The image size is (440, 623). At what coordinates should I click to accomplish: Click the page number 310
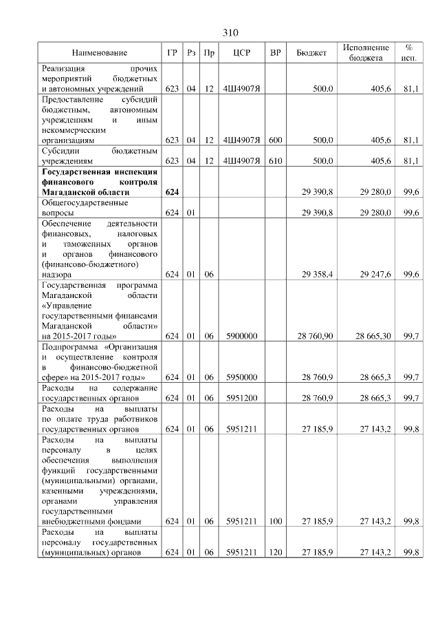(x=230, y=33)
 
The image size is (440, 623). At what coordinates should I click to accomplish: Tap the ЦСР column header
(x=240, y=53)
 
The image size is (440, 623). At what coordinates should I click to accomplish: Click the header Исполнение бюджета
(x=366, y=53)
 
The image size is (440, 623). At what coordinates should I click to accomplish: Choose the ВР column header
(x=276, y=53)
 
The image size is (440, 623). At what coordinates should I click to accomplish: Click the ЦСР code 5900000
(x=241, y=336)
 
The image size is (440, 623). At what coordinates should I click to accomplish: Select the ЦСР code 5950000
(x=241, y=377)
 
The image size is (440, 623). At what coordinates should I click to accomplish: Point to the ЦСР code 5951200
(x=241, y=398)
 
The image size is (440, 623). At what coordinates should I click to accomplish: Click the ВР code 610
(x=276, y=160)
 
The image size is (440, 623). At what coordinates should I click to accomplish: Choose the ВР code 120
(x=276, y=553)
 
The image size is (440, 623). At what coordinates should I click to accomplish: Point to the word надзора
(x=56, y=275)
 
